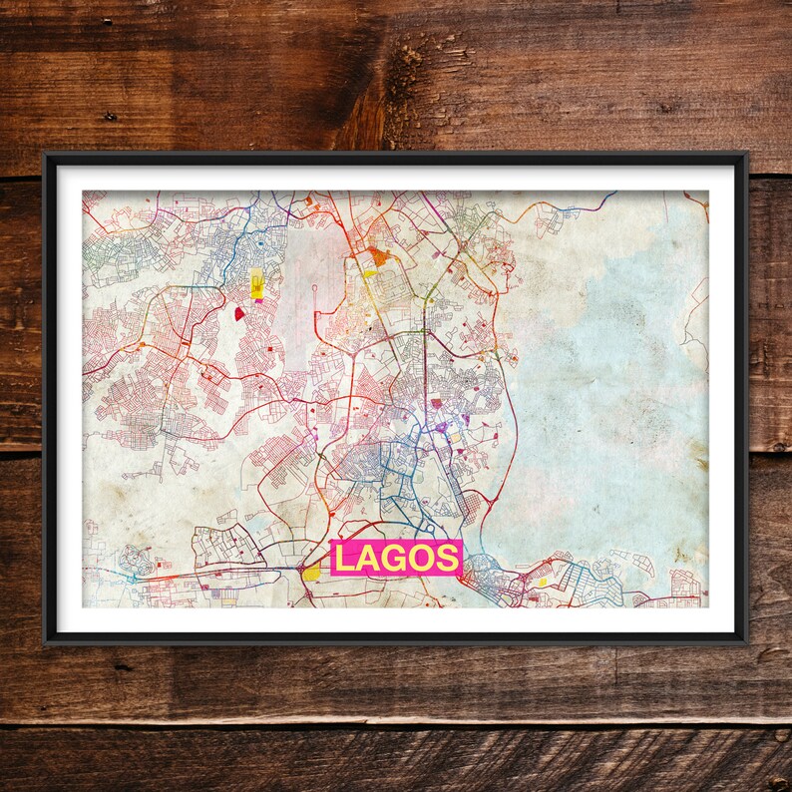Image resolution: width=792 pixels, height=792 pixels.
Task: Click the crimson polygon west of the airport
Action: (240, 314)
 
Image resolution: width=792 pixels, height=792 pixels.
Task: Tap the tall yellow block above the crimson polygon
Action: (257, 284)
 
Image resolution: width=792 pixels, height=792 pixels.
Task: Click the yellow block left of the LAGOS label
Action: (312, 572)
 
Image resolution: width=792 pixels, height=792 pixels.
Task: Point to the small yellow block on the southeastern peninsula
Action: (543, 581)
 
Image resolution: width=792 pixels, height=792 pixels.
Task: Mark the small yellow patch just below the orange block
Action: (368, 272)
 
